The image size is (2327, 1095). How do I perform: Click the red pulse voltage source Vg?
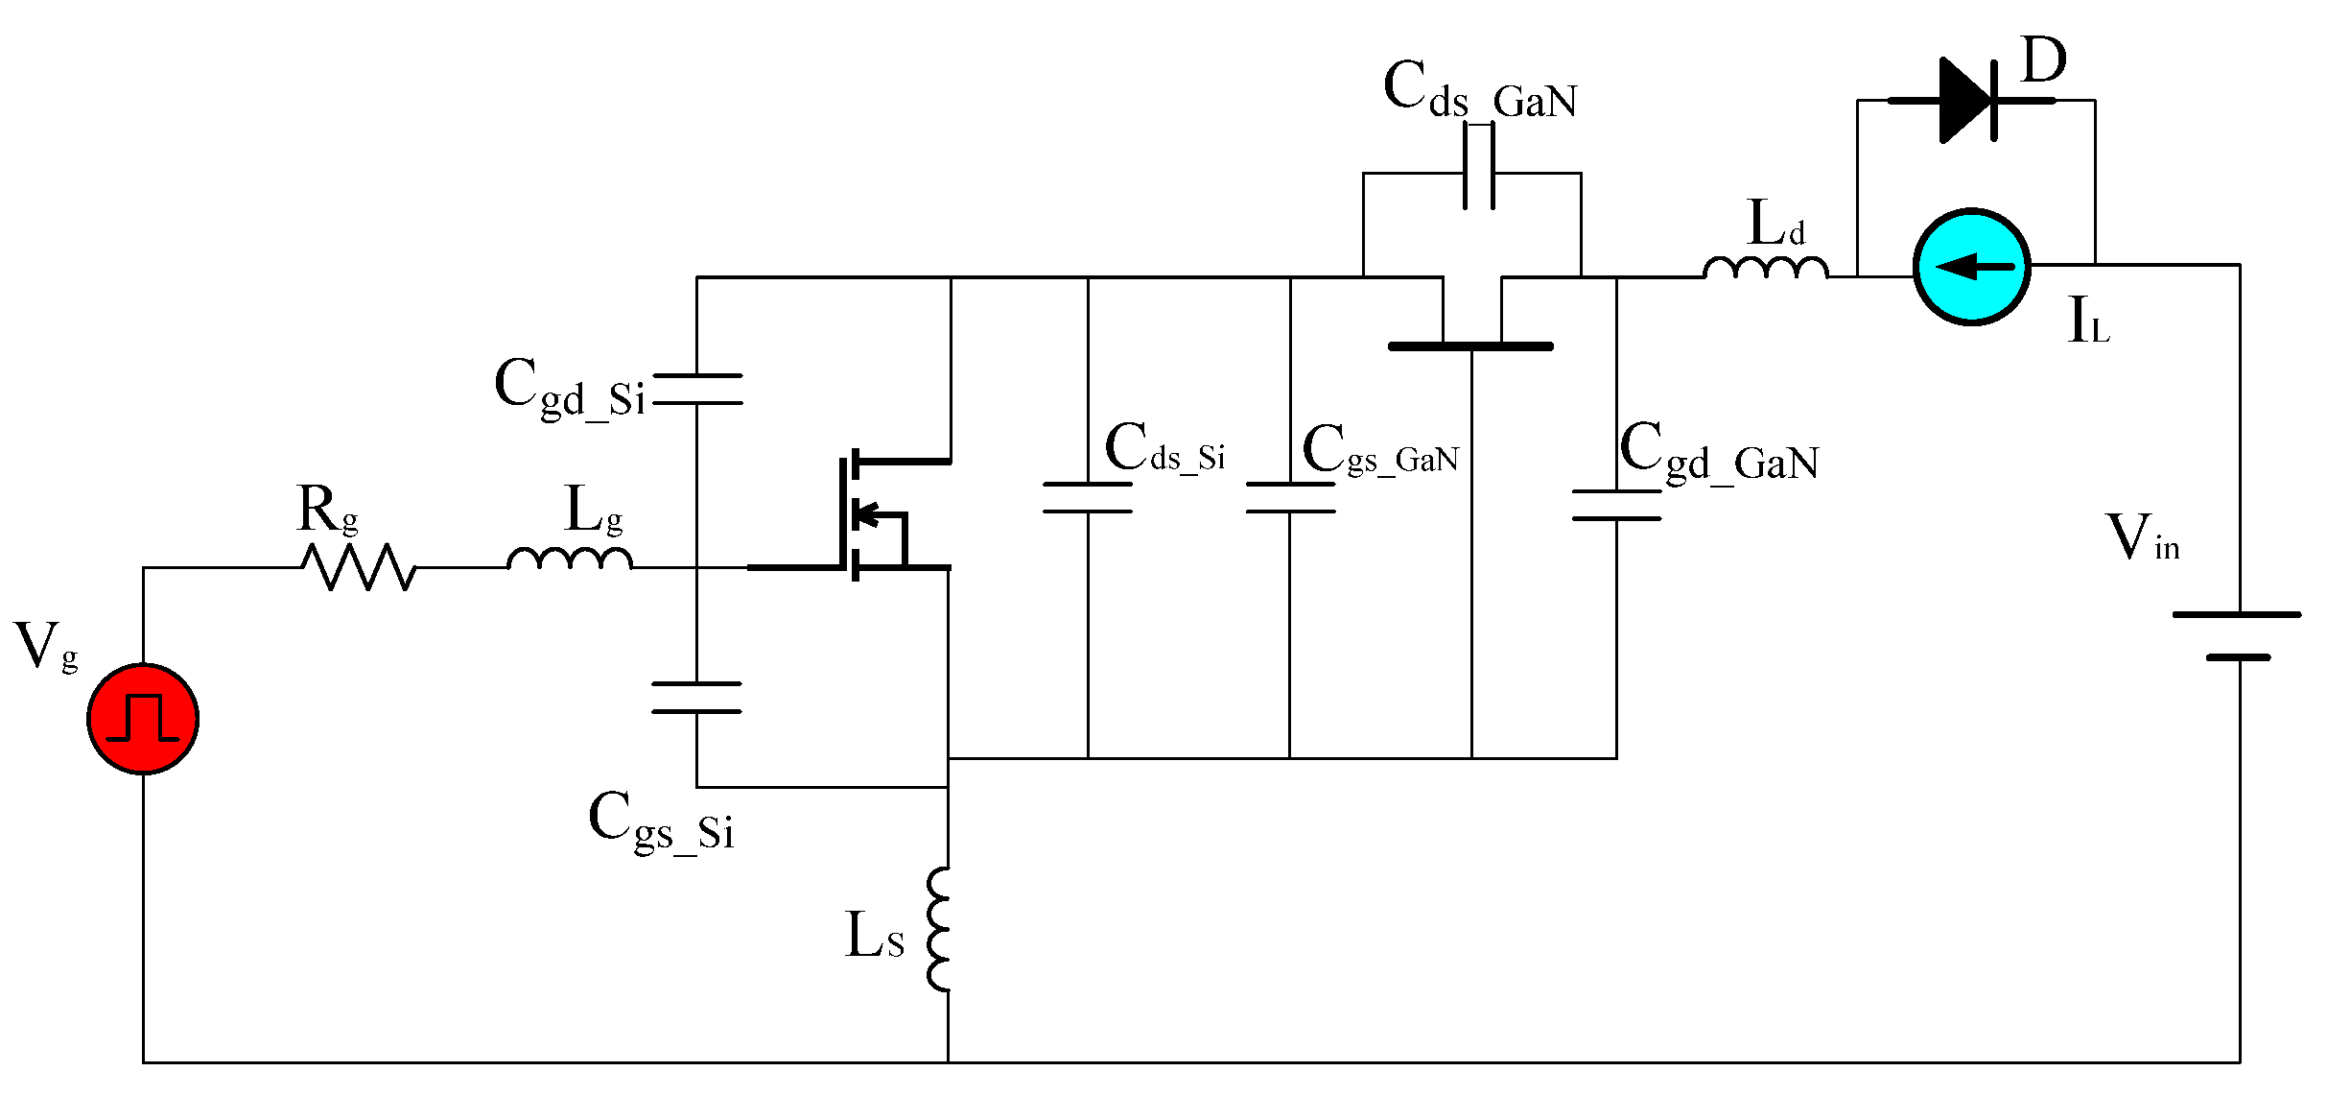tap(143, 718)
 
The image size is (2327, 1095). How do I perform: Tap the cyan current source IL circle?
tap(1971, 267)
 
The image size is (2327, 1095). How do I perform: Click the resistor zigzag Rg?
tap(358, 567)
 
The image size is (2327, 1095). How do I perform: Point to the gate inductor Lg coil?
tap(569, 559)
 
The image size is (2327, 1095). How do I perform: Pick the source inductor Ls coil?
tap(939, 929)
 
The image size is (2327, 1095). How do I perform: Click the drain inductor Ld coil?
tap(1765, 268)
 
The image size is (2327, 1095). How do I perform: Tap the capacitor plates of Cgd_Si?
tap(697, 389)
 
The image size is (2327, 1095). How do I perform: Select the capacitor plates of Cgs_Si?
tap(696, 698)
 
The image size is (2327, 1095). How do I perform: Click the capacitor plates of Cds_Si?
tap(1088, 497)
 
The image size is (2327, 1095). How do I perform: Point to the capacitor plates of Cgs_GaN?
tap(1290, 497)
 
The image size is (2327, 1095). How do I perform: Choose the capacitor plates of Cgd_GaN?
tap(1616, 505)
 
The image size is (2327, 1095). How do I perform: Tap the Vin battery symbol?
tap(2239, 635)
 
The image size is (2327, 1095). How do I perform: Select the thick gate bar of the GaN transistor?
tap(1470, 345)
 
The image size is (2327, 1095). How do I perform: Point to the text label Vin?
tap(2142, 537)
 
